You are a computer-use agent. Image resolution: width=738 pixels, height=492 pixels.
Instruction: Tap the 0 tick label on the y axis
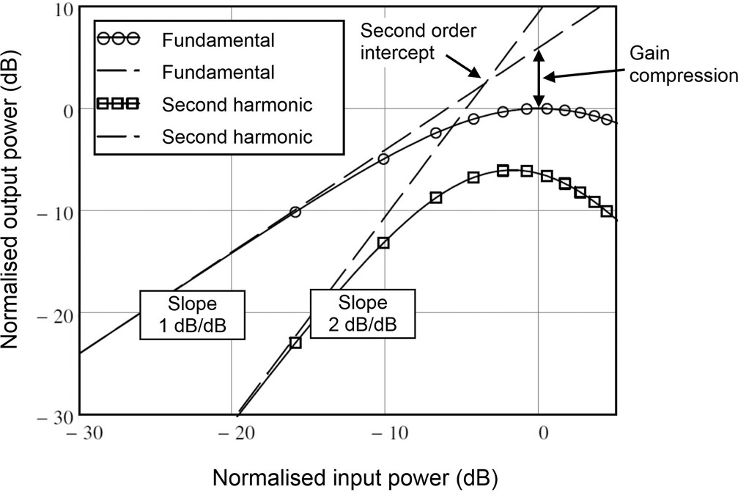[x=67, y=111]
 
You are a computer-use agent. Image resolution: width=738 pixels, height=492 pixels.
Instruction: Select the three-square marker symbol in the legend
[x=119, y=103]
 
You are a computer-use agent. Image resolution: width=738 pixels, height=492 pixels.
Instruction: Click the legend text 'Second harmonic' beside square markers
[x=237, y=104]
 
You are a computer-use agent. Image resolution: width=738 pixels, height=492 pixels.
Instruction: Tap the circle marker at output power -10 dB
[x=295, y=212]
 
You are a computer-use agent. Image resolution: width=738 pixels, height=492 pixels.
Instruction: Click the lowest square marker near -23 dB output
[x=295, y=342]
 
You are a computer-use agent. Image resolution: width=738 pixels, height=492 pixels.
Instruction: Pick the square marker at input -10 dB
[x=383, y=243]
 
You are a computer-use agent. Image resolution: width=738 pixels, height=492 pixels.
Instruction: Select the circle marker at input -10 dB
[x=383, y=159]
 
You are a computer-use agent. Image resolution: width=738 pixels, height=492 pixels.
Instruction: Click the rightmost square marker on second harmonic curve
[x=606, y=211]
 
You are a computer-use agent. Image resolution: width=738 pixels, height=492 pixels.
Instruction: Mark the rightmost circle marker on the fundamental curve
[x=606, y=120]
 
